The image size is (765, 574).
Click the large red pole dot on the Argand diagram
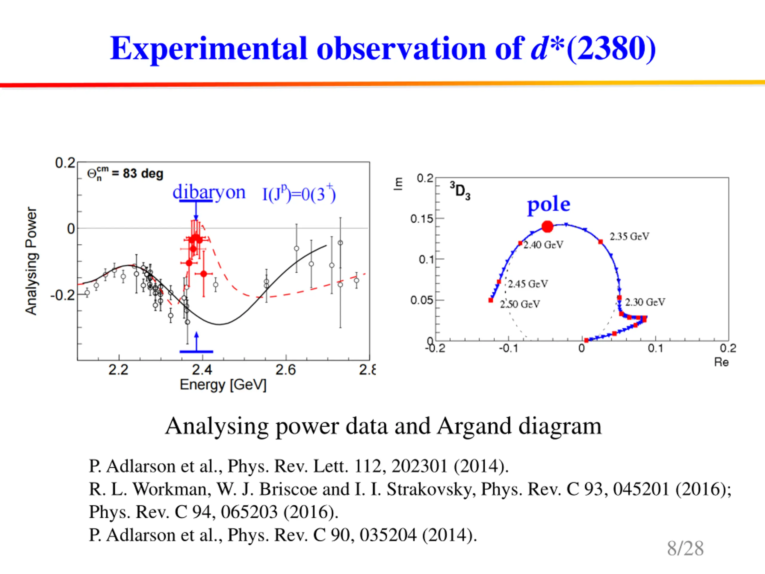[x=547, y=227]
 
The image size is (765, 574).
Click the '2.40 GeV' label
[x=543, y=245]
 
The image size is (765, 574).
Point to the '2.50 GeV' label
[x=519, y=304]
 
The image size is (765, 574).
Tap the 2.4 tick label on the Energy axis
[x=202, y=370]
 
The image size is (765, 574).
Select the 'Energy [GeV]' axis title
[x=223, y=385]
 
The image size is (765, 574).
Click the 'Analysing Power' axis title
[x=31, y=261]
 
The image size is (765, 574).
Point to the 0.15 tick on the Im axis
[x=422, y=219]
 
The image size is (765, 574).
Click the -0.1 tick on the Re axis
[x=508, y=348]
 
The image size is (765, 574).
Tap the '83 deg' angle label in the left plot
[x=143, y=173]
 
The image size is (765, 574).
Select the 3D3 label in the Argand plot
[x=460, y=191]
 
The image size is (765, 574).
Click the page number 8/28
[x=685, y=548]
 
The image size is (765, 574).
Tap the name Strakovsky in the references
[x=431, y=489]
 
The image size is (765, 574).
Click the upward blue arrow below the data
[x=196, y=341]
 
